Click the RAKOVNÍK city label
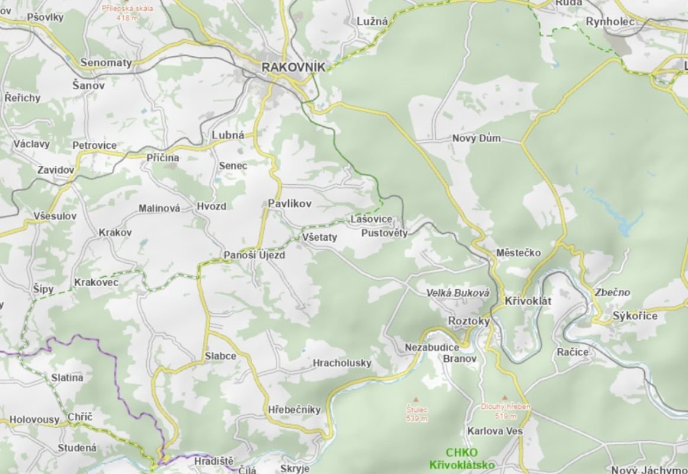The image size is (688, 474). [294, 68]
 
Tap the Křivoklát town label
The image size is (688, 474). [528, 301]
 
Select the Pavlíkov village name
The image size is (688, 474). [289, 203]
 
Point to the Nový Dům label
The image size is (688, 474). [476, 138]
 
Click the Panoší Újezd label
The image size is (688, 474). [254, 255]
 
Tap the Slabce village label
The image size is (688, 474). [220, 356]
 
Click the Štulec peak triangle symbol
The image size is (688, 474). [416, 399]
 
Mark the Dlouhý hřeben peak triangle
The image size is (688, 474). [504, 398]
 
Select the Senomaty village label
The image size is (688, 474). [106, 62]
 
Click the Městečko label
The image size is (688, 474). [519, 252]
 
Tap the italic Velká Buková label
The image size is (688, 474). [458, 293]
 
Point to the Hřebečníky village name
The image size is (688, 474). [294, 409]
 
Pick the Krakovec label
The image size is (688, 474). [96, 283]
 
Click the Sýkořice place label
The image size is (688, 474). [635, 316]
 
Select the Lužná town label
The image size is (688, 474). [372, 21]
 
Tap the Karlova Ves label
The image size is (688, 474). [494, 431]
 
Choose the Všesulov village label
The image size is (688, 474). [55, 216]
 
